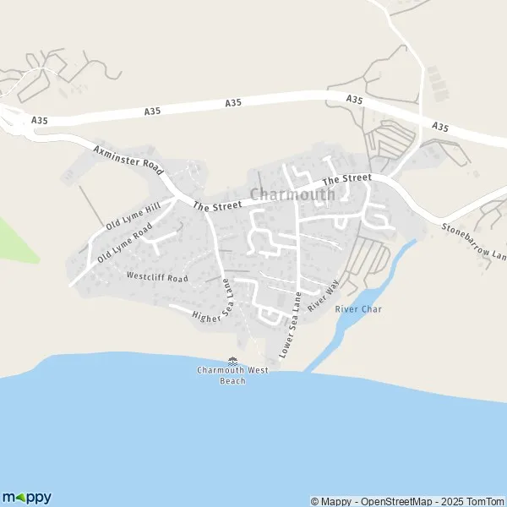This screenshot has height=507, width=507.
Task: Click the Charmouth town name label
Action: coord(292,194)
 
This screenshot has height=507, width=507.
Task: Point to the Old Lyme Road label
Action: coord(124,243)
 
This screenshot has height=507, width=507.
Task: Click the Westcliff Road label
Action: coord(156,276)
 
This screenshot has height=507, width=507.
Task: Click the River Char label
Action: coord(358,309)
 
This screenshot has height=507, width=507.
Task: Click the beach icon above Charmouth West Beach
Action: coord(232,362)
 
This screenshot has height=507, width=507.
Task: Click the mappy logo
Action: coord(26,498)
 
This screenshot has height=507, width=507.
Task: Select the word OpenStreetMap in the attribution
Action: coord(384,501)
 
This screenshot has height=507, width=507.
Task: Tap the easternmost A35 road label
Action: coord(439,127)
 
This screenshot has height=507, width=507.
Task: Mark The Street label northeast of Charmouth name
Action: coord(346,178)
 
